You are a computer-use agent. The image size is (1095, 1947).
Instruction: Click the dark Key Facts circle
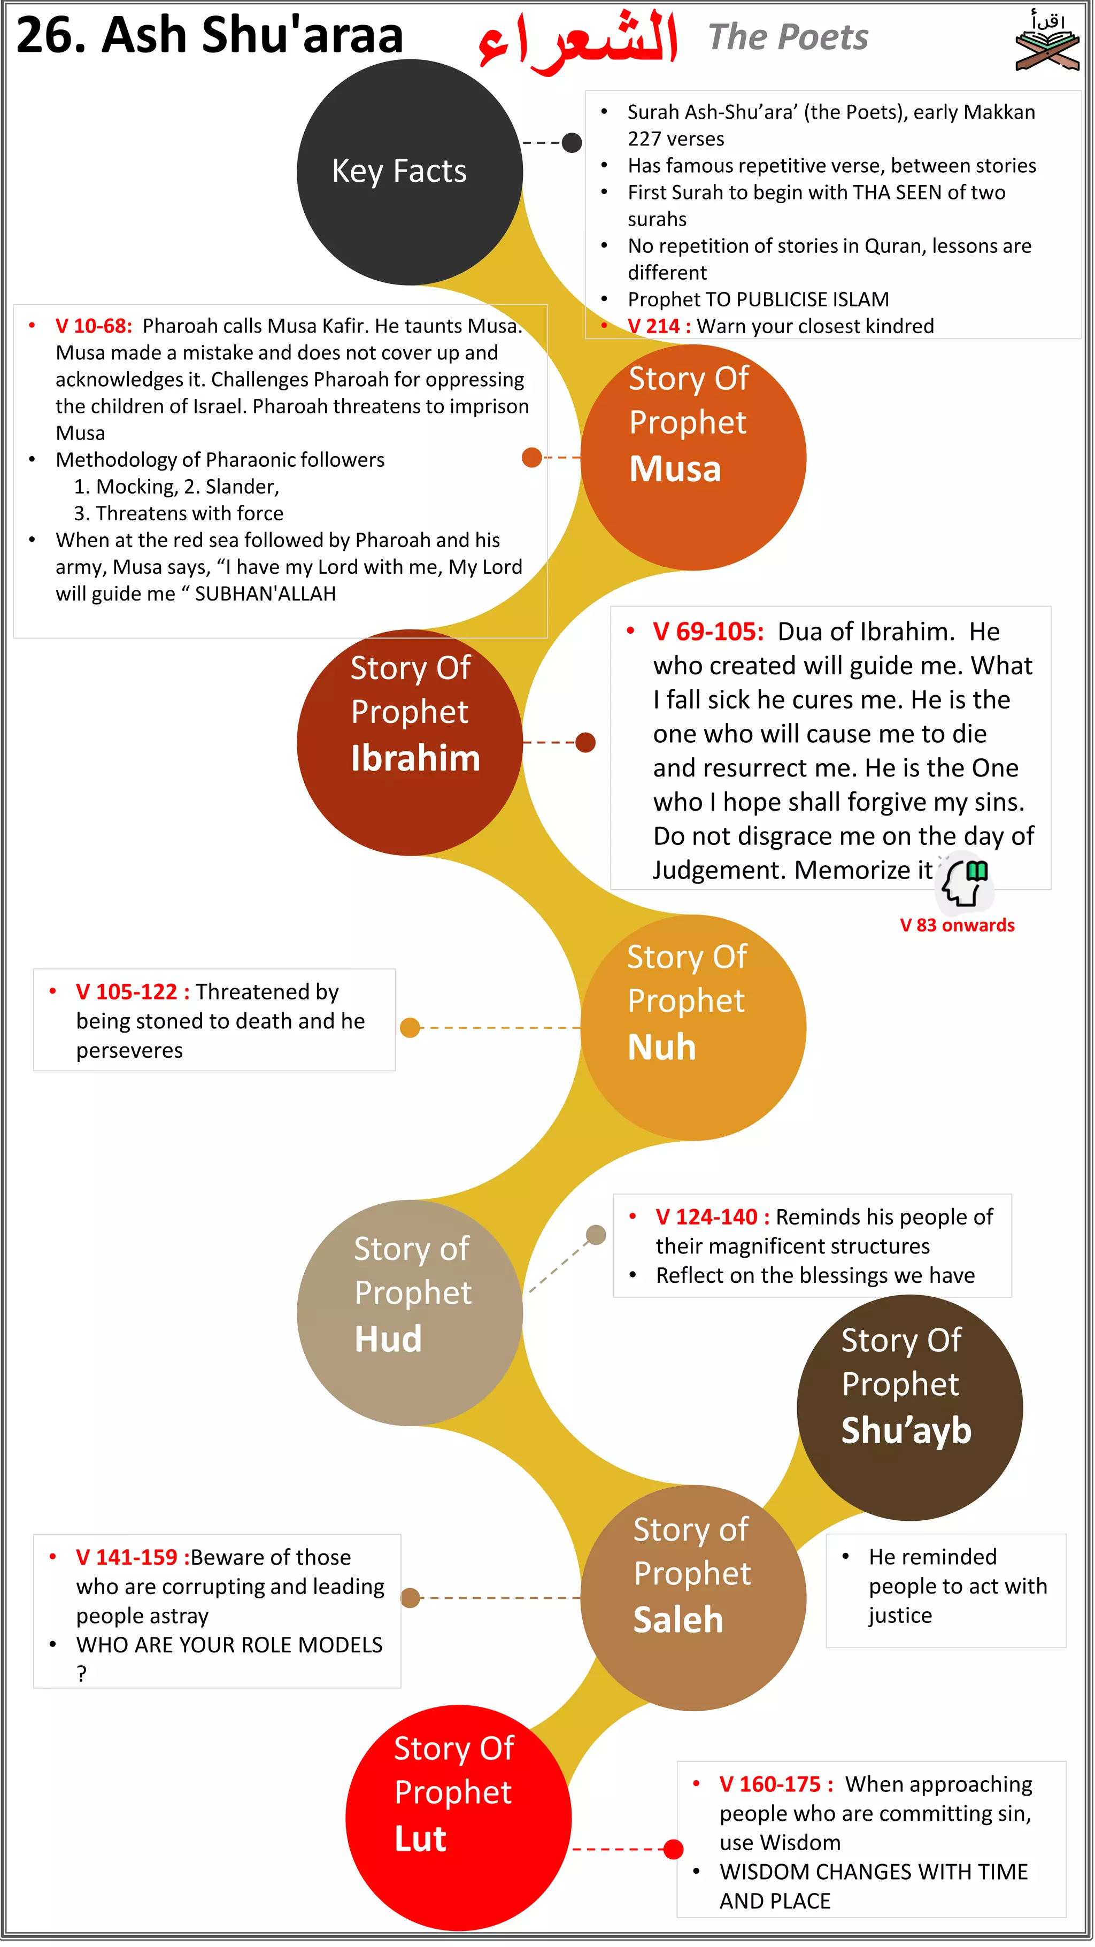(410, 172)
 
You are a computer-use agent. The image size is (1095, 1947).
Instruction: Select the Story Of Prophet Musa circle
(693, 457)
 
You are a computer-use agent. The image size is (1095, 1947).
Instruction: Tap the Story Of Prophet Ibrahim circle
(410, 742)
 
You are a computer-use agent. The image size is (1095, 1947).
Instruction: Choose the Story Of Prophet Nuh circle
(693, 1027)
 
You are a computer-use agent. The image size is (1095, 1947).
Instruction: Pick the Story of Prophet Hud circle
(410, 1312)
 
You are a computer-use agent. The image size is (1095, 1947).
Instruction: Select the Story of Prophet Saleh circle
(693, 1597)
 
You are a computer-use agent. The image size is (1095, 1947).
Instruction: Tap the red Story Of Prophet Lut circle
(458, 1817)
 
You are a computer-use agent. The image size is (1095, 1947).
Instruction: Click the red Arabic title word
(577, 42)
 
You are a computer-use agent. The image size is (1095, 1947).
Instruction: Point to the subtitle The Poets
(788, 36)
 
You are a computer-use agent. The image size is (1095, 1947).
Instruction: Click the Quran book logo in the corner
(1047, 42)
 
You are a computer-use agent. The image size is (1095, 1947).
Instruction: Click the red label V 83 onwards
(957, 925)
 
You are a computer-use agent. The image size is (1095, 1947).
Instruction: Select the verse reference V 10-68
(94, 326)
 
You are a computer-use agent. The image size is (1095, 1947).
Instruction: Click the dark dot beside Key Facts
(572, 142)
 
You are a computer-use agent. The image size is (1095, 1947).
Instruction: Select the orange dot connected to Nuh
(410, 1027)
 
